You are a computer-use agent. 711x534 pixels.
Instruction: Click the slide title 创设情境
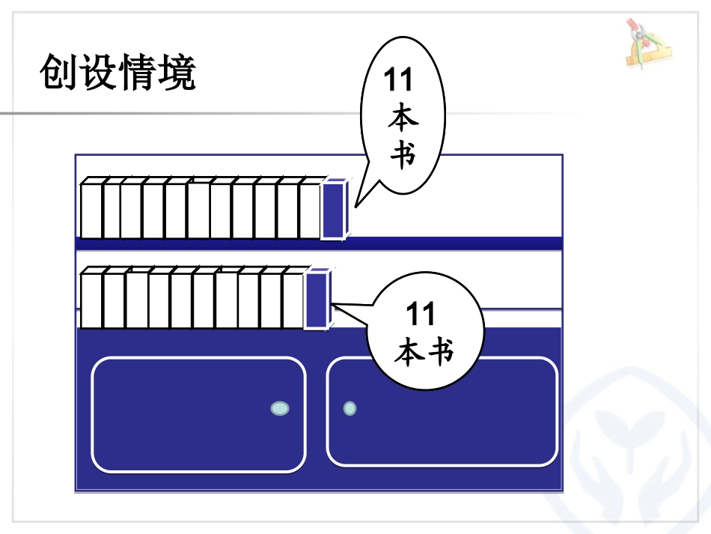click(x=118, y=73)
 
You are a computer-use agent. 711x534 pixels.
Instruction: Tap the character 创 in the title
click(x=58, y=73)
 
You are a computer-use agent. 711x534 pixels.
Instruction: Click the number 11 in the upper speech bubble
click(x=397, y=80)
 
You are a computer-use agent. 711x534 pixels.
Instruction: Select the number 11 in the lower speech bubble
click(x=421, y=315)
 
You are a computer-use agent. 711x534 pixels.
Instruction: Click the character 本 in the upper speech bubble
click(x=403, y=120)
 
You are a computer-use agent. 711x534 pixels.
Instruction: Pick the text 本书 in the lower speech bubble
click(x=424, y=351)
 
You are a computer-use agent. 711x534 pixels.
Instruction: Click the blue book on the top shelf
click(x=334, y=210)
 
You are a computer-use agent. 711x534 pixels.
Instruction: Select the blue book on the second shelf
click(x=317, y=300)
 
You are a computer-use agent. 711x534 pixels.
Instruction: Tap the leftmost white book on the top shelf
click(x=91, y=210)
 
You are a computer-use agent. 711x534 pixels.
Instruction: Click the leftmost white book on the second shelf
click(x=91, y=300)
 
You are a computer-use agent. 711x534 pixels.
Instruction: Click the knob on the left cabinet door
click(x=280, y=408)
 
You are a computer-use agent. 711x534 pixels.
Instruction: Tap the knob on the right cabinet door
click(x=350, y=408)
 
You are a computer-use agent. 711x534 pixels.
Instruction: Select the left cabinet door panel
click(x=198, y=414)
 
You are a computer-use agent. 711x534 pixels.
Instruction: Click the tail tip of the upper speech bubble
click(x=356, y=205)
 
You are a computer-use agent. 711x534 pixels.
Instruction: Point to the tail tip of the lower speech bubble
click(x=335, y=304)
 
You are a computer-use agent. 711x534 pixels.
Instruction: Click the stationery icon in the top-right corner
click(x=647, y=43)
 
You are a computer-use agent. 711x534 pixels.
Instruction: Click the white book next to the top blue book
click(x=310, y=210)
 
